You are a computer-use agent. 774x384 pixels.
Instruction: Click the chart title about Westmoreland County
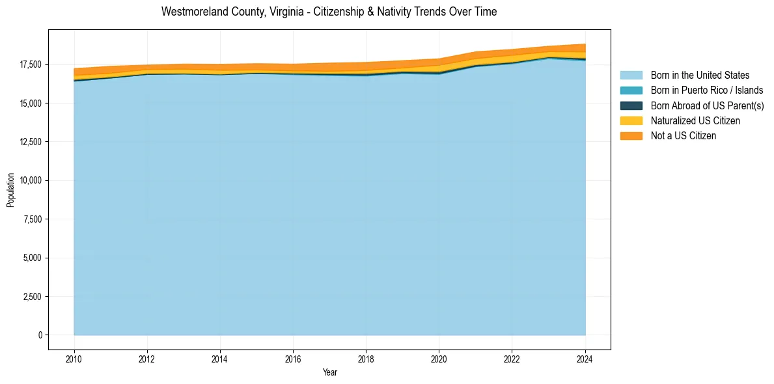pyautogui.click(x=329, y=12)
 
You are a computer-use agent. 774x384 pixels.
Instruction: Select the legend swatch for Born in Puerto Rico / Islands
pyautogui.click(x=631, y=90)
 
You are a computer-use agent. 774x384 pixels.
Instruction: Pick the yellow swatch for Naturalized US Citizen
pyautogui.click(x=631, y=120)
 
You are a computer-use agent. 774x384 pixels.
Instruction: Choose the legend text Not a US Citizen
pyautogui.click(x=683, y=136)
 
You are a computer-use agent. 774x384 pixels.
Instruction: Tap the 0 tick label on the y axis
pyautogui.click(x=40, y=335)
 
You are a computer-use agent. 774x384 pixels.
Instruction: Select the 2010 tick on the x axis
pyautogui.click(x=74, y=359)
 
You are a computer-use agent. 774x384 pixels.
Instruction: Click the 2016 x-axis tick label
pyautogui.click(x=293, y=359)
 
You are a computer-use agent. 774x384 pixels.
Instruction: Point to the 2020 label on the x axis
pyautogui.click(x=439, y=359)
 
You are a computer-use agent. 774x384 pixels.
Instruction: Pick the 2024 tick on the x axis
pyautogui.click(x=585, y=359)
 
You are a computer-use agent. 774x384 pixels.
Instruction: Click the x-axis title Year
pyautogui.click(x=329, y=372)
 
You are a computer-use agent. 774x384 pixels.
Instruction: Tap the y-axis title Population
pyautogui.click(x=10, y=190)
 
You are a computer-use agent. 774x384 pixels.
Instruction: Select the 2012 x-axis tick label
pyautogui.click(x=147, y=359)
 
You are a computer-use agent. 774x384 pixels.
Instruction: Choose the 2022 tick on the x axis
pyautogui.click(x=512, y=359)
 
